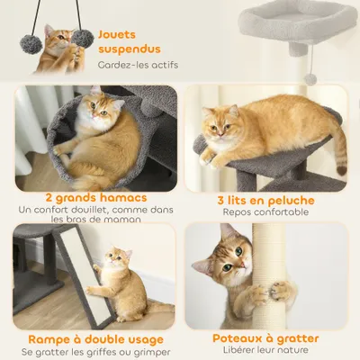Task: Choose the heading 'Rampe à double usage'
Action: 88,338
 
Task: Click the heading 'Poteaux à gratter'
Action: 266,338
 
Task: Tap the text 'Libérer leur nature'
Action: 266,352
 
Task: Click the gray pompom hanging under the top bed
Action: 310,78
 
